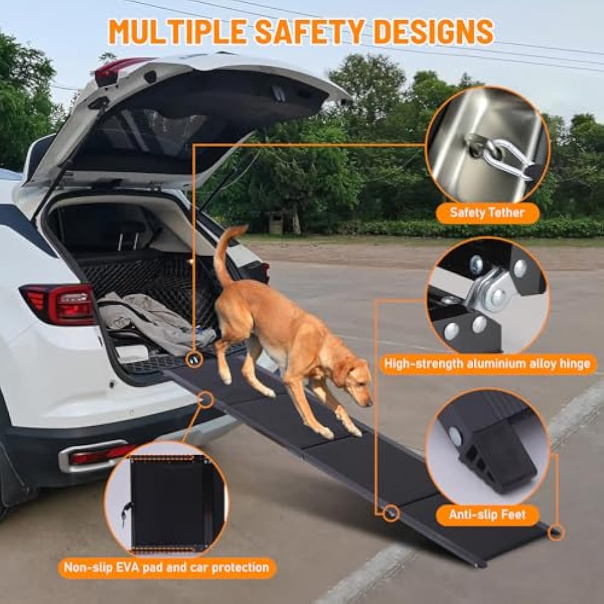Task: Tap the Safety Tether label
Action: click(x=487, y=212)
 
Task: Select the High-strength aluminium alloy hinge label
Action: click(x=487, y=363)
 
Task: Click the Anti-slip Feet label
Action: click(x=487, y=514)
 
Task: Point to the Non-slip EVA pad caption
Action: click(x=166, y=567)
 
